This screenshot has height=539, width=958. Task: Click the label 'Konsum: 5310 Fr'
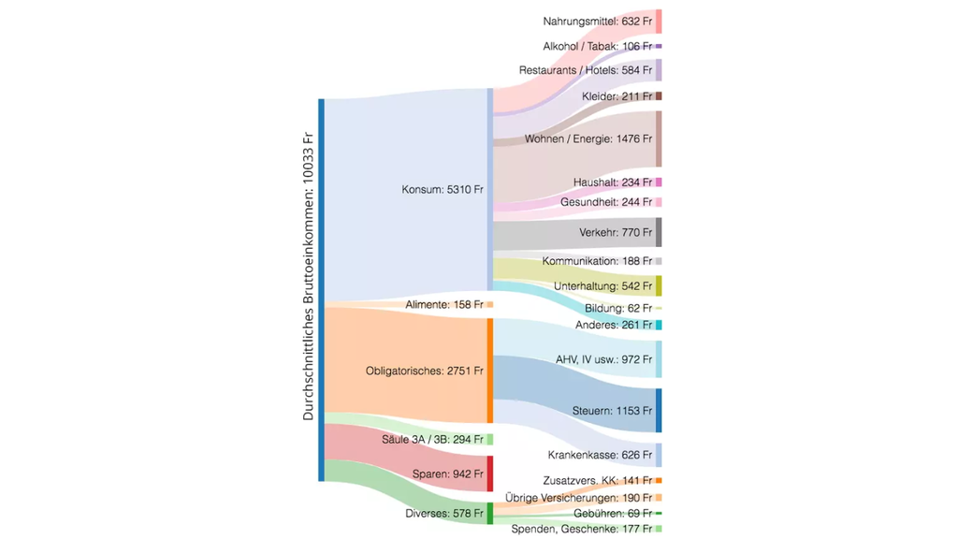(442, 189)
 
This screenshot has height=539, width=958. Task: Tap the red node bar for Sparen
(489, 473)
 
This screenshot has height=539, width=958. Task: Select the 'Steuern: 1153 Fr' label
(612, 410)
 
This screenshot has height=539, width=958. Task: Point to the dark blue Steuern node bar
(659, 410)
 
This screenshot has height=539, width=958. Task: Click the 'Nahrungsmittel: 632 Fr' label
(597, 21)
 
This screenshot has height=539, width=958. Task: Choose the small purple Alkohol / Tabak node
(659, 46)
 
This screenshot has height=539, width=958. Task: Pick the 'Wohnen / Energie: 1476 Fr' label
(588, 139)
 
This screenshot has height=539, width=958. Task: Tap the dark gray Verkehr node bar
(659, 232)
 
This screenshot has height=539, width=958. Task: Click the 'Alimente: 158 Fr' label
(443, 304)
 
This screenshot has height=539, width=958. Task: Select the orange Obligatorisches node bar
(489, 371)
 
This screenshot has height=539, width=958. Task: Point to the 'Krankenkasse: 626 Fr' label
(600, 455)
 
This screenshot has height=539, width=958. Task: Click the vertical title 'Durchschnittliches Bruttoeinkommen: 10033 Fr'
(309, 276)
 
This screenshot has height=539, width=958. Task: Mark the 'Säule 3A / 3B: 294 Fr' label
(432, 439)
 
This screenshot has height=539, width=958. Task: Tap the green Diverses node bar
(489, 513)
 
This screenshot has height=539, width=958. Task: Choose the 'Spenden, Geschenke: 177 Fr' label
(581, 529)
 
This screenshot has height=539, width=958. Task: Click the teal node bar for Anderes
(659, 325)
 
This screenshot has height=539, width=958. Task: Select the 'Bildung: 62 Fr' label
(618, 308)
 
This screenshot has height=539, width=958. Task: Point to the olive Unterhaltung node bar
(659, 285)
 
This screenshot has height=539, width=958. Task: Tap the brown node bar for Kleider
(659, 96)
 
